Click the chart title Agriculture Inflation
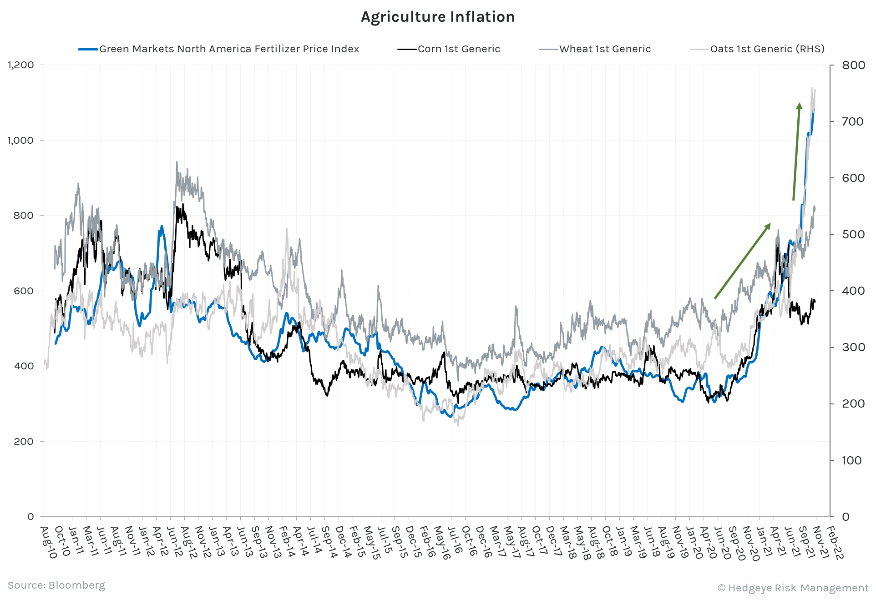pos(438,17)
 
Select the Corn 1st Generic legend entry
pos(459,49)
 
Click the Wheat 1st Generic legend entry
pos(605,49)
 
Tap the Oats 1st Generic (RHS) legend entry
pos(767,49)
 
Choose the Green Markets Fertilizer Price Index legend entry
pos(229,49)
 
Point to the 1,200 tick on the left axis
pos(21,65)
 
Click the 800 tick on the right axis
pos(853,65)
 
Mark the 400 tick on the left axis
pos(24,366)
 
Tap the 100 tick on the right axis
pos(851,460)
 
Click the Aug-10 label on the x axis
pos(49,542)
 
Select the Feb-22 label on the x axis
pos(835,542)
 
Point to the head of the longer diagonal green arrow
pos(769,225)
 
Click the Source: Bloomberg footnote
pos(56,585)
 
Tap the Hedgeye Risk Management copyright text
pos(793,588)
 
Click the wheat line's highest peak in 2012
pos(177,162)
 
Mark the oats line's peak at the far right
pos(812,88)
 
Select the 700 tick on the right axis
pos(852,121)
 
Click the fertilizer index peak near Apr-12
pos(161,227)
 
